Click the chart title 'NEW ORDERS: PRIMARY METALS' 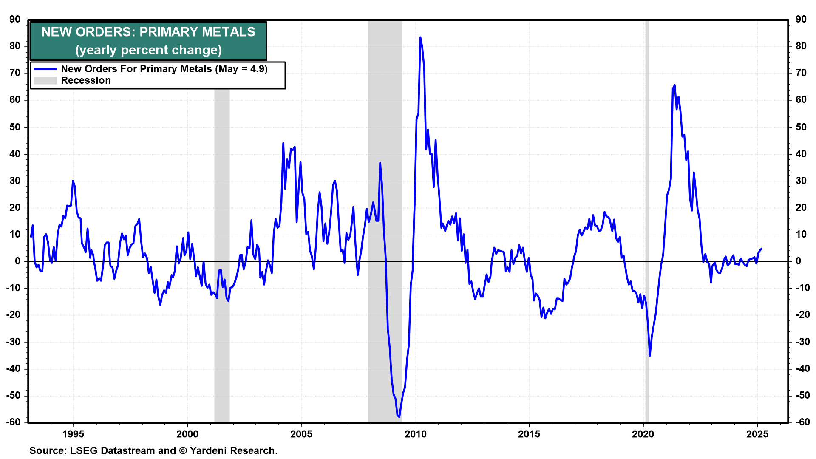(x=148, y=32)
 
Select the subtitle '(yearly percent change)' (x=148, y=50)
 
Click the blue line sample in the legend (x=45, y=69)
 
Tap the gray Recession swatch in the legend (x=45, y=81)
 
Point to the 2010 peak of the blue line (x=420, y=37)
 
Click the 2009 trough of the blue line (x=399, y=416)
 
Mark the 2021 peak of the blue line (x=674, y=85)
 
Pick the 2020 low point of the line (x=650, y=356)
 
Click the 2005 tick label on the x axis (x=301, y=434)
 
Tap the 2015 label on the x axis (x=529, y=434)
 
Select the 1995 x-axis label (x=73, y=434)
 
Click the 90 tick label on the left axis (x=15, y=20)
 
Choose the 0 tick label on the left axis (x=17, y=261)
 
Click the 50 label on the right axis (x=801, y=127)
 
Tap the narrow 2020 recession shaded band (x=647, y=212)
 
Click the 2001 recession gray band (x=222, y=212)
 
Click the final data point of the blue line (x=761, y=249)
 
